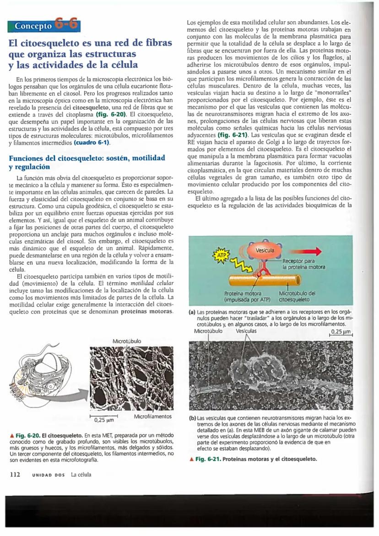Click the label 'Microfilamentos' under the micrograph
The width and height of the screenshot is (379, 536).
pos(153,417)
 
